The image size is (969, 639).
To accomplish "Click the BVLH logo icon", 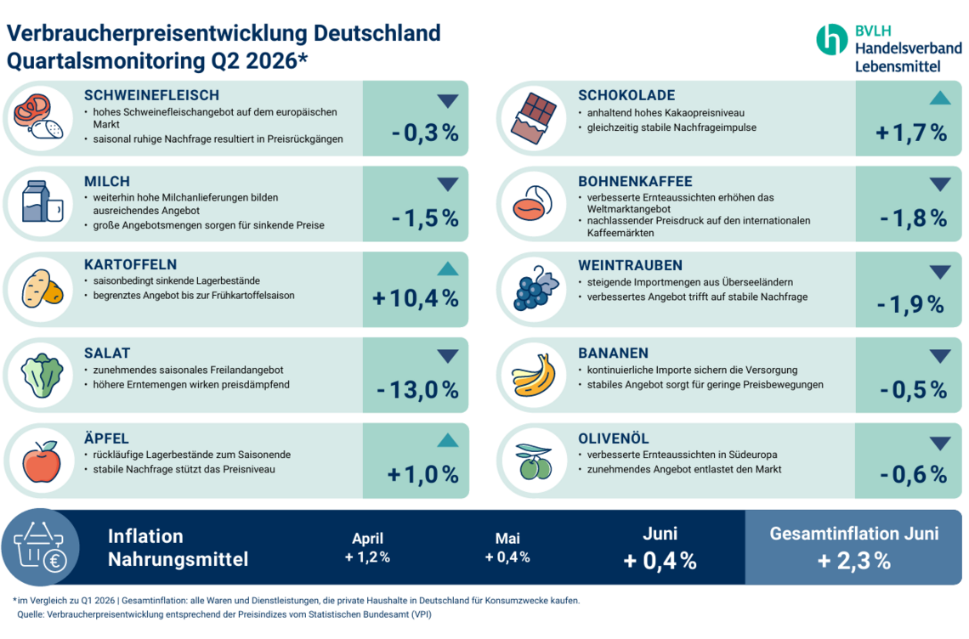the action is (832, 40).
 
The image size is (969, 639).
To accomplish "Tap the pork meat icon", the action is (40, 116).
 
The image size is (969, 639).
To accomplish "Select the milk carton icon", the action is (42, 201).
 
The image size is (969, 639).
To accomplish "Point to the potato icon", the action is (42, 289).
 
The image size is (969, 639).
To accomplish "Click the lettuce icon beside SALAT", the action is (42, 375).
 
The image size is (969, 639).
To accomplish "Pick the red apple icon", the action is (42, 461).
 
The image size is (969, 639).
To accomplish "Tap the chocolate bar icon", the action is (534, 118).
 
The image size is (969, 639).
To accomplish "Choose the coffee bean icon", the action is (533, 203).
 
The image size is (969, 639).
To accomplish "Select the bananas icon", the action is (533, 375).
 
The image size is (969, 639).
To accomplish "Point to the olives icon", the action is (534, 461).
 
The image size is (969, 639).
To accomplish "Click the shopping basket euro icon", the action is (40, 547).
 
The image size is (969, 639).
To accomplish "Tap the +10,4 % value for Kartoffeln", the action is (416, 298).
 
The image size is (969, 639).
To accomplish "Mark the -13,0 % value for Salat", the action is (417, 390).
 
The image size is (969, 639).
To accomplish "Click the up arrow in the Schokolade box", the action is (940, 98).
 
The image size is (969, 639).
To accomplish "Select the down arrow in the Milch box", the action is (447, 184).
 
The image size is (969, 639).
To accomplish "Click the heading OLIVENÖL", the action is (614, 438).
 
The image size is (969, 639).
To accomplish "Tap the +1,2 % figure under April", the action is (367, 557).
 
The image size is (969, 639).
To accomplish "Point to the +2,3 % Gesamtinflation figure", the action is (854, 561).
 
